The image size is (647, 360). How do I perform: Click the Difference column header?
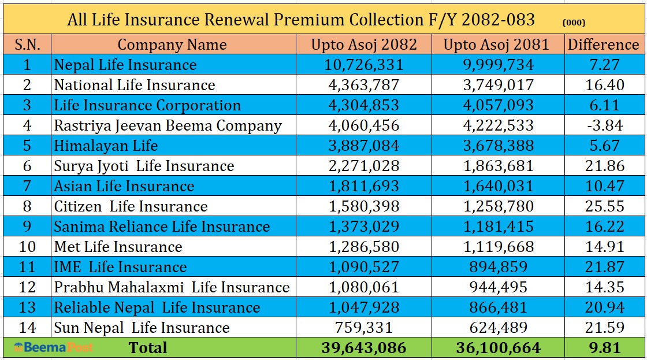click(x=604, y=44)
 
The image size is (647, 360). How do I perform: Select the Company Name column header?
click(x=172, y=44)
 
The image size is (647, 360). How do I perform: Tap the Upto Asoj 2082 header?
click(x=363, y=44)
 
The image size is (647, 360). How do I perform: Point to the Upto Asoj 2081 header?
click(x=496, y=44)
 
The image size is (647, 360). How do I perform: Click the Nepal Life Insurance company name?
click(x=125, y=65)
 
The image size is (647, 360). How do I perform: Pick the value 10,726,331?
click(x=363, y=65)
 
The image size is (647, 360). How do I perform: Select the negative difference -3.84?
click(x=604, y=125)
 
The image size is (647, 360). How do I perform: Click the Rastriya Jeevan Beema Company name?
click(x=168, y=125)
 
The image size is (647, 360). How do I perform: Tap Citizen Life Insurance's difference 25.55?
click(x=604, y=206)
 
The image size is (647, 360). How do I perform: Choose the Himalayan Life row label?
click(x=106, y=146)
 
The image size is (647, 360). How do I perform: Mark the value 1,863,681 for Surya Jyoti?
click(x=496, y=166)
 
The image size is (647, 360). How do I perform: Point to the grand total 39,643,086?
click(x=363, y=348)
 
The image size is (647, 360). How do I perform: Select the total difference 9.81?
click(x=604, y=348)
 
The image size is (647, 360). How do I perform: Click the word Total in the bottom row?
click(x=148, y=348)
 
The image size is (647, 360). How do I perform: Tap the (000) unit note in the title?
click(x=573, y=23)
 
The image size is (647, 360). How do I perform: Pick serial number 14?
click(x=27, y=328)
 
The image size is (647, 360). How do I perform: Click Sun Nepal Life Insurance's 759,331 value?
click(x=363, y=328)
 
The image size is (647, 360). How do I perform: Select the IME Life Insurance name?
click(x=120, y=267)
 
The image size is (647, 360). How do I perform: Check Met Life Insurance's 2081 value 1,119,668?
click(x=496, y=247)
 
